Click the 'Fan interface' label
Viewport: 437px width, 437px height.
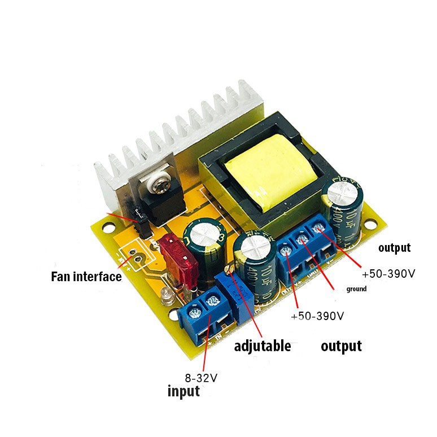coord(86,277)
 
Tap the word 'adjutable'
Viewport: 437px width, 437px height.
coord(263,346)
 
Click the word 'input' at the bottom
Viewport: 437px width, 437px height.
coord(183,391)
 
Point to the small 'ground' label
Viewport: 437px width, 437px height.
coord(356,289)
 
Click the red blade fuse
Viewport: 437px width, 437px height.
coord(180,260)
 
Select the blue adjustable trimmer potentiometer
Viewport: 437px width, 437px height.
coord(233,291)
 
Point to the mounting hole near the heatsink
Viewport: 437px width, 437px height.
coord(106,229)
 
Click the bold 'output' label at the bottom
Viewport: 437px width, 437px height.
coord(341,346)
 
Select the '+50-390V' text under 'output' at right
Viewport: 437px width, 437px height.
coord(388,274)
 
